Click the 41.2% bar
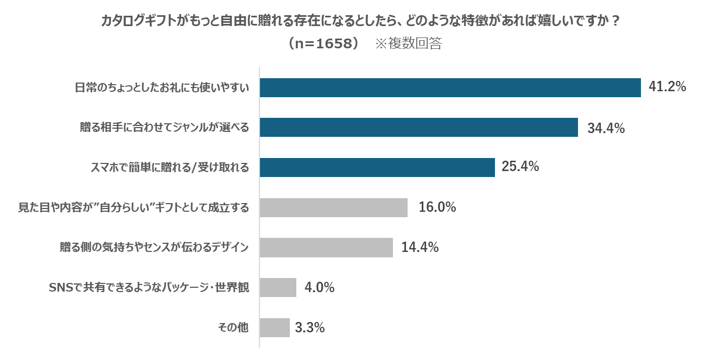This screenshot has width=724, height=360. (450, 87)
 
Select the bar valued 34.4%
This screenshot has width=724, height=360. (418, 128)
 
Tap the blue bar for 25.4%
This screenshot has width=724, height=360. (377, 167)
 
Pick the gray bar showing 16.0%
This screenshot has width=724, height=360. (333, 207)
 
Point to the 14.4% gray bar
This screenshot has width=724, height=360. (326, 248)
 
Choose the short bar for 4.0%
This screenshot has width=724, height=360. (278, 287)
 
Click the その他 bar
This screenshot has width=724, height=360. (275, 327)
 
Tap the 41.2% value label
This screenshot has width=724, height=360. (668, 87)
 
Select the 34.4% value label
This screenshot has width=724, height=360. (606, 128)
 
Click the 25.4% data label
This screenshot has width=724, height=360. (520, 167)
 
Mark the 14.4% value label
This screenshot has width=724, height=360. (420, 248)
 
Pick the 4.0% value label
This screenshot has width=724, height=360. (319, 287)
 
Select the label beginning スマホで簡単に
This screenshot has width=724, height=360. (169, 168)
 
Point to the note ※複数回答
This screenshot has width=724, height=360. (408, 44)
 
